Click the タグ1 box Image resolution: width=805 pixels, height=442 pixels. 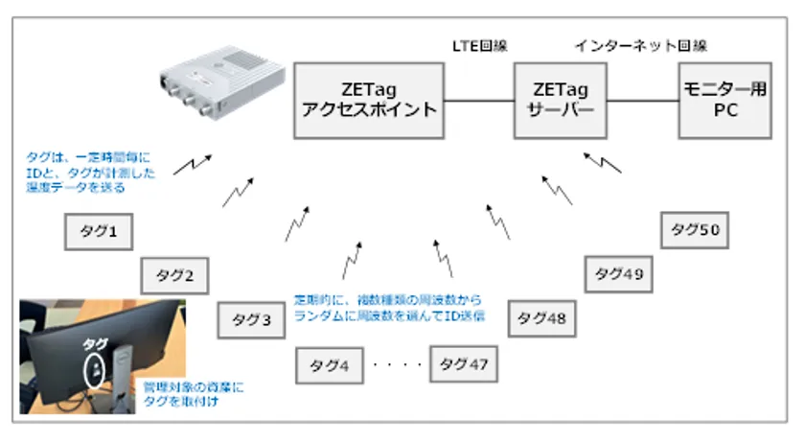pyautogui.click(x=98, y=231)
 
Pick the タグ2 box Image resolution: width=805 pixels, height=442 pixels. pyautogui.click(x=175, y=276)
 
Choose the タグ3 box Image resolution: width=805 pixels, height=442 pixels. pyautogui.click(x=251, y=320)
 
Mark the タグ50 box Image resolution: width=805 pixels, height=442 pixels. pyautogui.click(x=695, y=230)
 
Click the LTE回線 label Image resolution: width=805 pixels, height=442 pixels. pyautogui.click(x=479, y=45)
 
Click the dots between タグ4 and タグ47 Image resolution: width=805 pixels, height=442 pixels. pyautogui.click(x=397, y=365)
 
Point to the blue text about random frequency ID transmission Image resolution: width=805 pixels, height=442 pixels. pyautogui.click(x=387, y=307)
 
